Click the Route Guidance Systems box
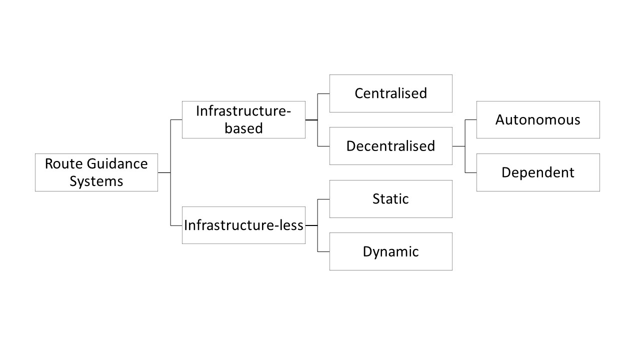(96, 172)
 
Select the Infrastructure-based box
(243, 120)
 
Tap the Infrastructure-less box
(243, 225)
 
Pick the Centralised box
(390, 93)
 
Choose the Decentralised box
(390, 146)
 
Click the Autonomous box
(538, 120)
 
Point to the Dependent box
(538, 172)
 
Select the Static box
(390, 199)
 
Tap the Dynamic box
(390, 251)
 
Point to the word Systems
(96, 181)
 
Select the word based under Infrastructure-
(243, 128)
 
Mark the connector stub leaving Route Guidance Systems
(164, 172)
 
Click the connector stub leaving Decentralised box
(458, 146)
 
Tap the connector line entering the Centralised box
(323, 93)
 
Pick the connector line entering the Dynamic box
(323, 251)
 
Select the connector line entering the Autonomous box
(470, 120)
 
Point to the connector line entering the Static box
(323, 199)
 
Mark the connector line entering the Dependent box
(470, 172)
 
